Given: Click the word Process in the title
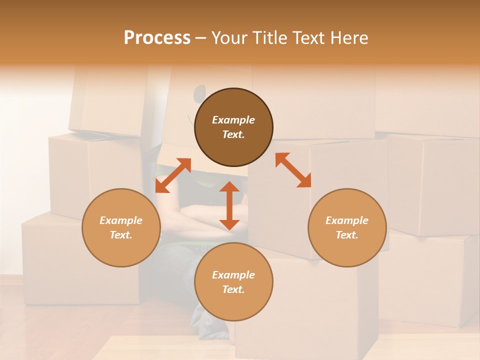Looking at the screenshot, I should (x=157, y=38).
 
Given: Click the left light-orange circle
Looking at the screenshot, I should (x=121, y=227).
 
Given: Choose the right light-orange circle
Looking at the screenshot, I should (x=347, y=227).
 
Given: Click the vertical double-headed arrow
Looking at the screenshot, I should (x=229, y=205).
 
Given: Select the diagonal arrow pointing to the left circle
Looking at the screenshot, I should (x=173, y=175).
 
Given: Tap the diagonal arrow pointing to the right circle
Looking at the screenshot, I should (x=293, y=170).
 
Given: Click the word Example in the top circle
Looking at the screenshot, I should (x=233, y=120).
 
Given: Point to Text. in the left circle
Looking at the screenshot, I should (x=121, y=235).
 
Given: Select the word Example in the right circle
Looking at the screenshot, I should (x=347, y=220).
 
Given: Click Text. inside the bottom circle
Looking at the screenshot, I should (x=233, y=289).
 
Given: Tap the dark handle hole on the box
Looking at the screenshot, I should (x=199, y=92).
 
